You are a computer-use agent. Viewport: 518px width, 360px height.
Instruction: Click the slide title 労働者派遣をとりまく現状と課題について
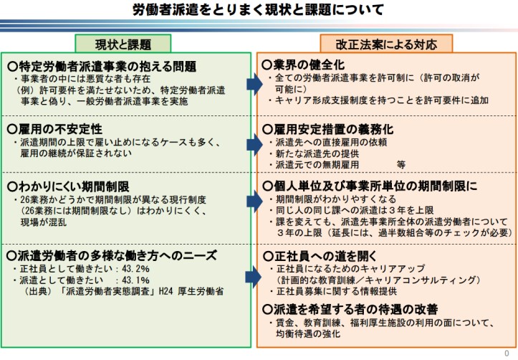tap(258, 10)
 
